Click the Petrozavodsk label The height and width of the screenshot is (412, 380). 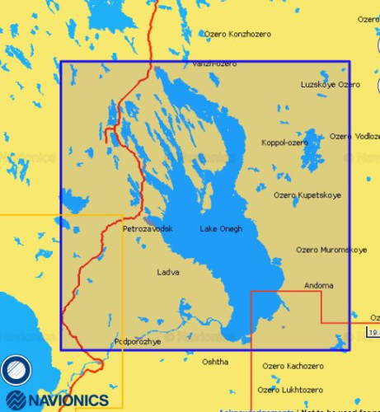148,228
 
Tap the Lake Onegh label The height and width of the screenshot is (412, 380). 221,228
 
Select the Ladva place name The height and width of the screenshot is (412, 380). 168,271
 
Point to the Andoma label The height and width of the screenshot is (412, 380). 319,285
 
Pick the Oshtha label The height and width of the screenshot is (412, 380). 215,361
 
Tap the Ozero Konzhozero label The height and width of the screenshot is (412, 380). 237,34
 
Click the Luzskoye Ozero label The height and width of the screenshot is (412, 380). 331,84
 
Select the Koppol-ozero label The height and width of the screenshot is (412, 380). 284,143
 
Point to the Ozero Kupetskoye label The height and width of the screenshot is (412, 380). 307,195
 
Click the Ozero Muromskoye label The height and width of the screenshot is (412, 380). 331,249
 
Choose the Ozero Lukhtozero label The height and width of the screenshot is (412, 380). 289,389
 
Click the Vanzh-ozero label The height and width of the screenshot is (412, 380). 213,63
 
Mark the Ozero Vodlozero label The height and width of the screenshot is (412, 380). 354,136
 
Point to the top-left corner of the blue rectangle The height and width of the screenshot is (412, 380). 61,60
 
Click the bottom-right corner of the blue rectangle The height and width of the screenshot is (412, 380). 350,350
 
